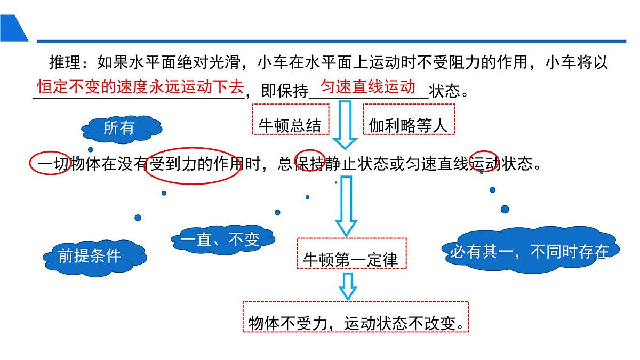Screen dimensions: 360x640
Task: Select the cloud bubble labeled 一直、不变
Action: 221,240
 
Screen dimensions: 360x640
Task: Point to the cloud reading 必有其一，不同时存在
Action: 530,251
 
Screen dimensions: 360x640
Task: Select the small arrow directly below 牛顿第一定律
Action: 348,286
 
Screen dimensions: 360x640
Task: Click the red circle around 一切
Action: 50,163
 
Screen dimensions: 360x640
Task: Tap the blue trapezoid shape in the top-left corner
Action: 13,28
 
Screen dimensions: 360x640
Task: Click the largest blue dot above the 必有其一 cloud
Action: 505,209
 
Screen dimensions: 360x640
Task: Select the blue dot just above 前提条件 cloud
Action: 138,218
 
